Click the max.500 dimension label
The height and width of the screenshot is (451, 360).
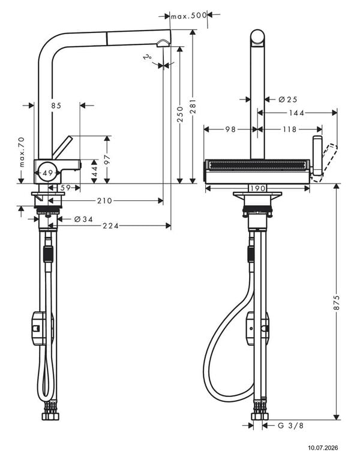[x=189, y=16]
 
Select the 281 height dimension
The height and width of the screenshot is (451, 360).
[x=193, y=106]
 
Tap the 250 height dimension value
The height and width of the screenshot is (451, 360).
[x=180, y=114]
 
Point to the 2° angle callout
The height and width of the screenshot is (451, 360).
[x=148, y=56]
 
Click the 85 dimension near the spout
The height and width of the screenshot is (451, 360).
[x=56, y=106]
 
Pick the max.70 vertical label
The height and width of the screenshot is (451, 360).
[x=22, y=152]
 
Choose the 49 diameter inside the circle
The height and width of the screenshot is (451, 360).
[x=48, y=173]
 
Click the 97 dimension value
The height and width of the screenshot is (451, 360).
[x=107, y=159]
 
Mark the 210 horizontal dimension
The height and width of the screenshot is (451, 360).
[x=104, y=200]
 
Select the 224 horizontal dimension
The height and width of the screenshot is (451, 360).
[x=111, y=225]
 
